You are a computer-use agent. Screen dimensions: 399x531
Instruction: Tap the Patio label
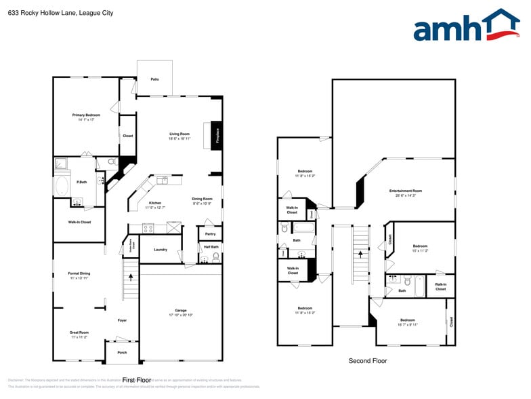tap(154, 80)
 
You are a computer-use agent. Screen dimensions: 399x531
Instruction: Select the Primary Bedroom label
tap(86, 115)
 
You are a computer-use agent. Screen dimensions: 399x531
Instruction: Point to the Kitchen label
tap(154, 203)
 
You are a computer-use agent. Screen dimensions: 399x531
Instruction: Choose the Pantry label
tap(210, 234)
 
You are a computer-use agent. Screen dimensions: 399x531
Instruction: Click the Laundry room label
tap(161, 250)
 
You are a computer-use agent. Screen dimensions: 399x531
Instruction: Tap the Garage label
tap(181, 310)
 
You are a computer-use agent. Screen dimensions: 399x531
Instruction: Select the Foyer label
tap(123, 320)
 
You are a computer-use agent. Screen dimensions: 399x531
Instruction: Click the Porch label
tap(122, 352)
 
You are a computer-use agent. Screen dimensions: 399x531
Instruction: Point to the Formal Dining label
tap(79, 273)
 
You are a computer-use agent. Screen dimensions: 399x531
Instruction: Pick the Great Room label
tap(79, 332)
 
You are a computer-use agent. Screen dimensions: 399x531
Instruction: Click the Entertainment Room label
tap(406, 191)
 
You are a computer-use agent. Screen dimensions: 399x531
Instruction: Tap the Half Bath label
tap(211, 247)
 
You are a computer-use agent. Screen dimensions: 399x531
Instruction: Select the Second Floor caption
tap(368, 361)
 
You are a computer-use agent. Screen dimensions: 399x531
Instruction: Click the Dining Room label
tap(202, 199)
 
